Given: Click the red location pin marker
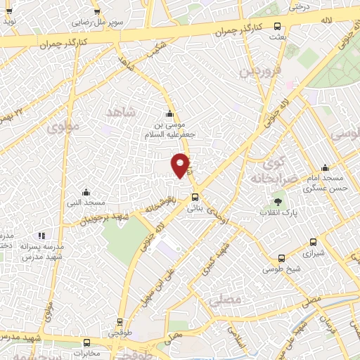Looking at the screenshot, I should tap(181, 164).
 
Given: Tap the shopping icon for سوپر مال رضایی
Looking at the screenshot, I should tap(97, 12).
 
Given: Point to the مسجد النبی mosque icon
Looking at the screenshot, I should tap(86, 192).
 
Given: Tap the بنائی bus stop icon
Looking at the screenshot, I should tap(195, 198).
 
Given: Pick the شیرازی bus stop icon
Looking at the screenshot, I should tap(282, 258).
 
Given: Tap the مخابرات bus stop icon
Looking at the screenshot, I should tap(86, 343).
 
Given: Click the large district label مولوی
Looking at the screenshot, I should tap(66, 128).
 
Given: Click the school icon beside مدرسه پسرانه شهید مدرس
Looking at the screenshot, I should tap(41, 235).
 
